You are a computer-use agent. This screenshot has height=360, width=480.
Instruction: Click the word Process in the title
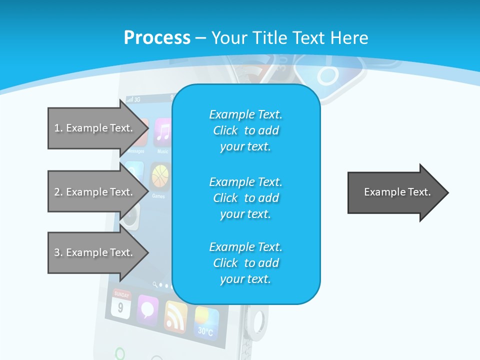pos(157,38)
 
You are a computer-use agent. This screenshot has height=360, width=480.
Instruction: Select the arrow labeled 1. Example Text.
pos(95,128)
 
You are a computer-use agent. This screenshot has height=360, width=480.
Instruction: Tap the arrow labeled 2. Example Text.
pos(95,192)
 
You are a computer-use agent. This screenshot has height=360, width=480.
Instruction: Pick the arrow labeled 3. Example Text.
pos(95,252)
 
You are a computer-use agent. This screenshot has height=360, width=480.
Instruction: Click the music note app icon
pos(162,132)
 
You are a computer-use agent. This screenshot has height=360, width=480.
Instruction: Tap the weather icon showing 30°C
pos(206,321)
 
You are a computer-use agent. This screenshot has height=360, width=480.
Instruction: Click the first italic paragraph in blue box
pos(245,130)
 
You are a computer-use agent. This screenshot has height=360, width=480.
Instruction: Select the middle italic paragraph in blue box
pos(245,197)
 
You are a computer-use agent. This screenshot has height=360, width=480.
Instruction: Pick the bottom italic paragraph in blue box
pos(245,263)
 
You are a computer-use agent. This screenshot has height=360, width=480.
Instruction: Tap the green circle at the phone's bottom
pos(120,353)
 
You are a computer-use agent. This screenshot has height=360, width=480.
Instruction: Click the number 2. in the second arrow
pos(58,192)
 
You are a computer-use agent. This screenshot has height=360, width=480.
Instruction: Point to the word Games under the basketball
pos(158,196)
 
